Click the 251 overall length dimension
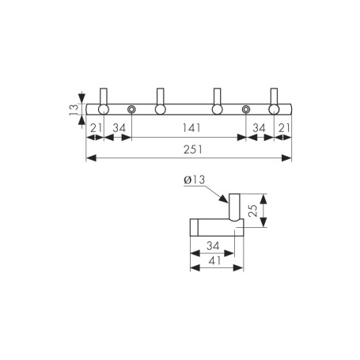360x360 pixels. pyautogui.click(x=193, y=150)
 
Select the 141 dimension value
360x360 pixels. pyautogui.click(x=191, y=128)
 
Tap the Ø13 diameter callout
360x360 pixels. pyautogui.click(x=195, y=180)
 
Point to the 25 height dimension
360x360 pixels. pyautogui.click(x=253, y=210)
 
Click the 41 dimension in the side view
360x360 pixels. pyautogui.click(x=214, y=261)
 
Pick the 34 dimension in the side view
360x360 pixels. pyautogui.click(x=213, y=246)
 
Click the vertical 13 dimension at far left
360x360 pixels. pyautogui.click(x=74, y=109)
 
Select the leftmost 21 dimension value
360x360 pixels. pyautogui.click(x=96, y=128)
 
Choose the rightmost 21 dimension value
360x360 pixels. pyautogui.click(x=284, y=128)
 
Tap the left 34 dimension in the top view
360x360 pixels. pyautogui.click(x=119, y=128)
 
